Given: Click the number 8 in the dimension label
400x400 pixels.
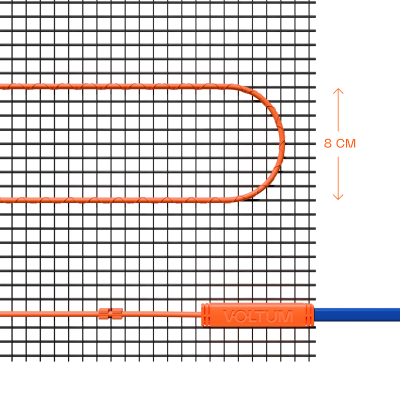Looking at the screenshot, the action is tap(328, 144).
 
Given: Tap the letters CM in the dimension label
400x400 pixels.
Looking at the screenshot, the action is tap(346, 144).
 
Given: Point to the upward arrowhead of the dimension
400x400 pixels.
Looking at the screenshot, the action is tap(338, 91).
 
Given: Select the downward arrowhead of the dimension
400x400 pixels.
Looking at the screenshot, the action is tap(338, 197).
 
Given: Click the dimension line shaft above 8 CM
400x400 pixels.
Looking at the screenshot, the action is tap(338, 110).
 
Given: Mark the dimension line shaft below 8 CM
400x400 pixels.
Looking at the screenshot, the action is tap(338, 178).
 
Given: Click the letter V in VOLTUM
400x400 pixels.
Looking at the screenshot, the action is tap(229, 316).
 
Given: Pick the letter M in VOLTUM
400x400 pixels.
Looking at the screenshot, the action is tap(286, 316).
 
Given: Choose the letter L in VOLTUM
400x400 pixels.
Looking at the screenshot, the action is tap(252, 316).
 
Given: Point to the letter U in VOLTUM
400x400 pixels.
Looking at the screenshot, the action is tap(274, 316).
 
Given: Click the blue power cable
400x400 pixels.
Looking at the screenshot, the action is tap(357, 315).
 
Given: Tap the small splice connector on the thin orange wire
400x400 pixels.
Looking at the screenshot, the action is tap(111, 313).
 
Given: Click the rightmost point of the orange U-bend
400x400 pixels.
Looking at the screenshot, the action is tap(284, 143).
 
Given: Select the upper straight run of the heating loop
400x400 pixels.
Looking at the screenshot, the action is tap(117, 87).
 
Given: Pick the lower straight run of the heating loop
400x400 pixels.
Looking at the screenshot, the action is tap(117, 200).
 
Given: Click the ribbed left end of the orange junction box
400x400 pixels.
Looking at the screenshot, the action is tap(206, 315).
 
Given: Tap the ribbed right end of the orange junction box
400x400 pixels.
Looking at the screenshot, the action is tap(310, 315).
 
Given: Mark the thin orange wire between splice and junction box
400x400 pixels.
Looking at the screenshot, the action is tap(162, 314).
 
